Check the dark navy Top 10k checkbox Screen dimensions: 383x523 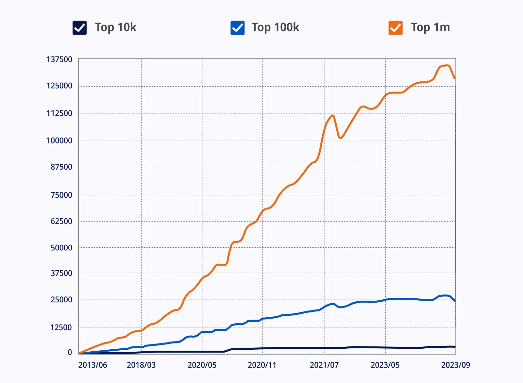tap(79, 28)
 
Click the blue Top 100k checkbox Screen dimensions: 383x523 tap(238, 28)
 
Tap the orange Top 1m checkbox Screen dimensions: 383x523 tap(396, 28)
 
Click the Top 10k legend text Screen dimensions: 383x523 tap(116, 27)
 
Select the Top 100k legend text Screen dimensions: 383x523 tap(275, 27)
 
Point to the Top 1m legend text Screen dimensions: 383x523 tap(430, 27)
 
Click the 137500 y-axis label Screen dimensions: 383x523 tap(59, 59)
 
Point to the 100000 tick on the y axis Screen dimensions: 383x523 tap(59, 141)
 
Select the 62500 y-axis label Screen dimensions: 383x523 tap(61, 221)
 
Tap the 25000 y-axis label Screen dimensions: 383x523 tap(61, 300)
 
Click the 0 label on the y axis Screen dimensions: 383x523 tap(70, 352)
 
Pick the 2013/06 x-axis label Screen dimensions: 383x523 tap(93, 365)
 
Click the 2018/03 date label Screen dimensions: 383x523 tap(141, 365)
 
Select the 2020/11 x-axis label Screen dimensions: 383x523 tap(262, 365)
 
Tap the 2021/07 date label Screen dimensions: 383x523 tap(324, 365)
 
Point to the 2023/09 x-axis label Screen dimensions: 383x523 tap(456, 365)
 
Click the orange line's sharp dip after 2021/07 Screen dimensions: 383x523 tap(340, 138)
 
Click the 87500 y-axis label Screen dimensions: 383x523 tap(61, 167)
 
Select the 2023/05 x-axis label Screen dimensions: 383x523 tap(385, 365)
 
